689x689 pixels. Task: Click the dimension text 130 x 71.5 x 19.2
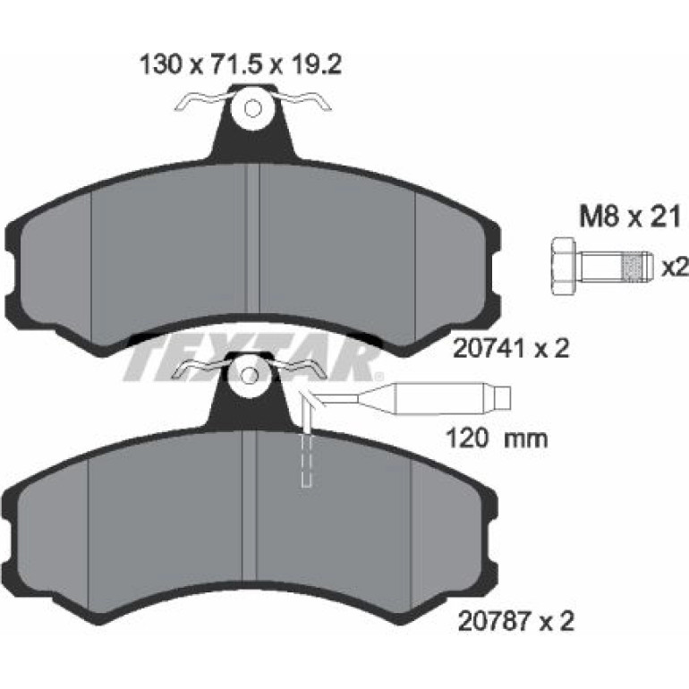tap(241, 65)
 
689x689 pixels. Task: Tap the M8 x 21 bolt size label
tap(630, 217)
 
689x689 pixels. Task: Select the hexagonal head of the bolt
tap(563, 268)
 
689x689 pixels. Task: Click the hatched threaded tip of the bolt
tap(635, 267)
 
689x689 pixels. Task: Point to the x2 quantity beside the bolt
tap(674, 268)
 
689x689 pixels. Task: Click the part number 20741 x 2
tap(511, 349)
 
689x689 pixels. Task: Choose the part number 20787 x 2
tap(516, 621)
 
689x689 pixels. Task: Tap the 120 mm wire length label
tap(497, 438)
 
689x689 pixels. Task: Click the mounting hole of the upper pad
tap(252, 108)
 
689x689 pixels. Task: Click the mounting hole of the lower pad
tap(250, 375)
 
